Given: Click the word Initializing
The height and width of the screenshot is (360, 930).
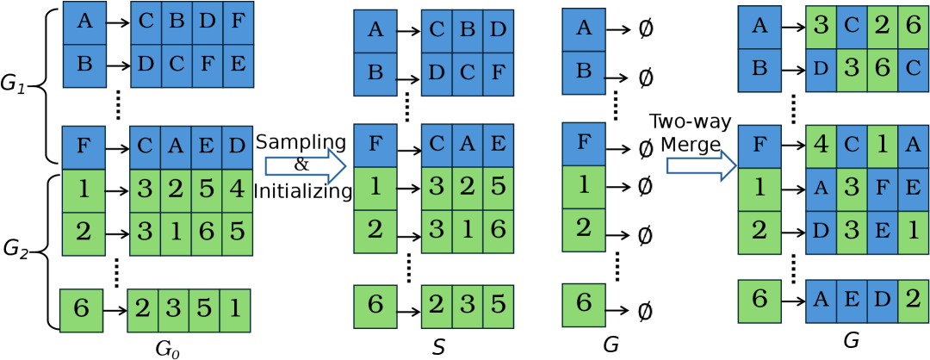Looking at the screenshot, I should coord(303,190).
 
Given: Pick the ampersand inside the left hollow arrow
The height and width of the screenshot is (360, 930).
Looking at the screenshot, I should coord(301,164).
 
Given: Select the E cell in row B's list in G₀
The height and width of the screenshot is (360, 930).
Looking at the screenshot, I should coord(236,65).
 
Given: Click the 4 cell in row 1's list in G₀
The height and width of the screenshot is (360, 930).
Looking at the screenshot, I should coord(236,188).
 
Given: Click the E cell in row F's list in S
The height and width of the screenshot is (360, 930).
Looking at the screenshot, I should coord(495,143).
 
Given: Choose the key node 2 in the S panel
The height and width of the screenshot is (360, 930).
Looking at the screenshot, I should coord(375,229).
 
